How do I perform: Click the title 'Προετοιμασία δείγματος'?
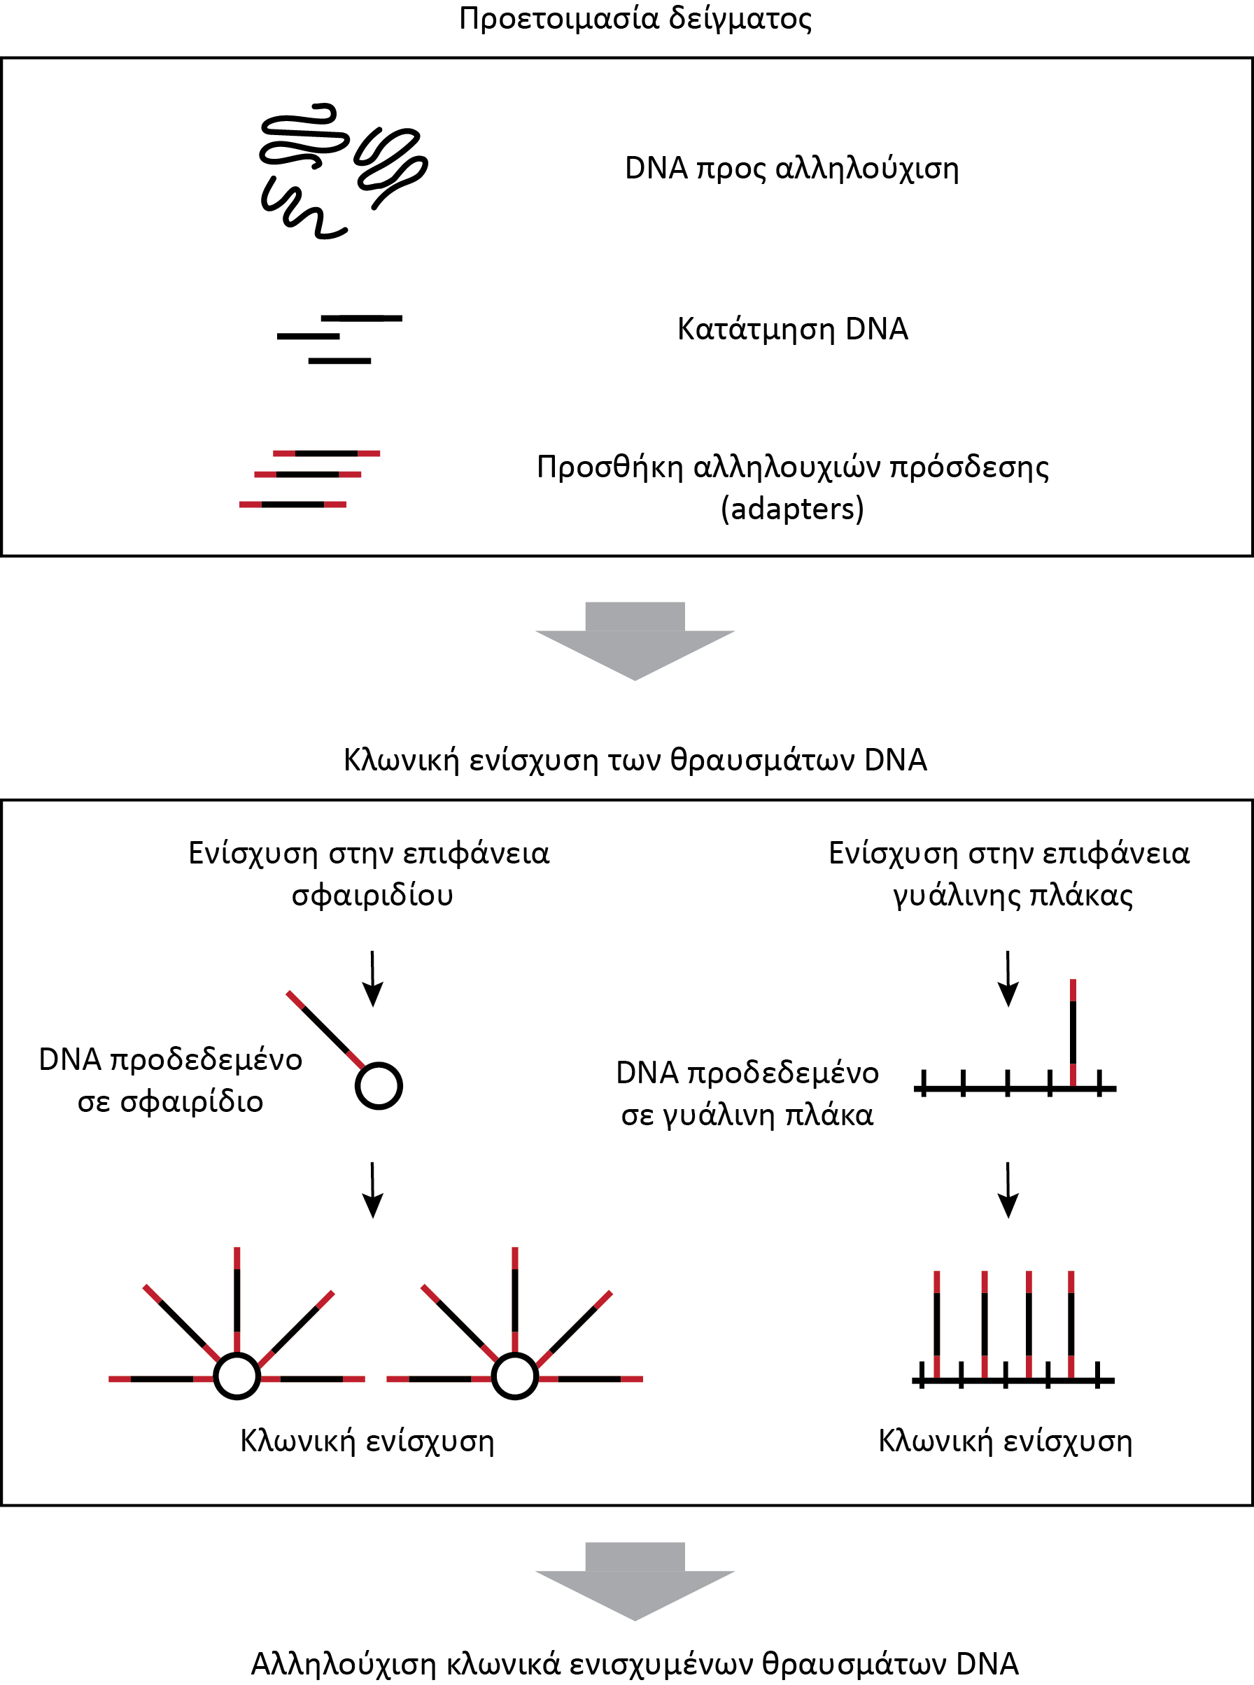tap(635, 19)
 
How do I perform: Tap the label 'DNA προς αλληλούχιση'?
tap(791, 169)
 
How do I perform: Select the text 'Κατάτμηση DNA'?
tap(792, 330)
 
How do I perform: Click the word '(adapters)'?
tap(792, 509)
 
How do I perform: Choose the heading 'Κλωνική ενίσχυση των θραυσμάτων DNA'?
tap(635, 760)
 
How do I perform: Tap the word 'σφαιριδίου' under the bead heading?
tap(372, 896)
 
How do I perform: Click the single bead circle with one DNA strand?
tap(379, 1086)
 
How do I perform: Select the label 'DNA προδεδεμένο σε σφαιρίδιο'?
tap(171, 1081)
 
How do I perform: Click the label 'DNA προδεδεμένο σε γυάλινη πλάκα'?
tap(747, 1094)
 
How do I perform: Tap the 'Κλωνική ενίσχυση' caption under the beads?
tap(367, 1441)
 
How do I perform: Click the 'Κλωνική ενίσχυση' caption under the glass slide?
tap(1005, 1441)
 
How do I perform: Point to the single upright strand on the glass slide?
tap(1073, 1033)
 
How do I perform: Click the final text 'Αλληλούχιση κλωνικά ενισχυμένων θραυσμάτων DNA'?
tap(635, 1665)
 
